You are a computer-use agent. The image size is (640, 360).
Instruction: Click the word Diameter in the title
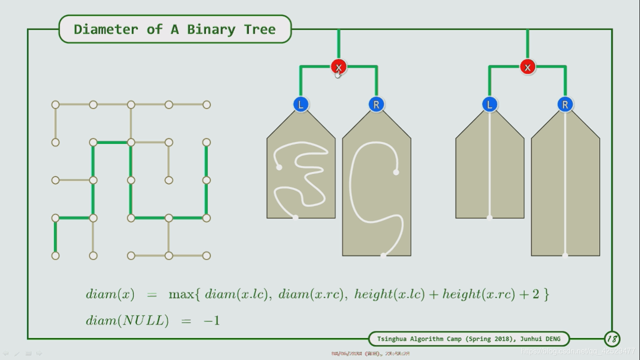[106, 29]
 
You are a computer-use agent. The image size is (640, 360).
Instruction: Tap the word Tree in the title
[260, 29]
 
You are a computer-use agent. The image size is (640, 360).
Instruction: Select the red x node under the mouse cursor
[338, 67]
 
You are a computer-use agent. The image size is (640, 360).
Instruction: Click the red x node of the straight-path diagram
[528, 67]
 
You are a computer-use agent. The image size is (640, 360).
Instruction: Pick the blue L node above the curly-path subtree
[301, 105]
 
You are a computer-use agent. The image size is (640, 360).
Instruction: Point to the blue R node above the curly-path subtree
[376, 105]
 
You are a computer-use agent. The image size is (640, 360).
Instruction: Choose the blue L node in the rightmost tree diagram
[490, 105]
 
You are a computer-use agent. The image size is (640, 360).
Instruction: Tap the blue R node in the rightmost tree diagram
[565, 105]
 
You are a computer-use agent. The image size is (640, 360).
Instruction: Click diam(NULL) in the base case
[127, 321]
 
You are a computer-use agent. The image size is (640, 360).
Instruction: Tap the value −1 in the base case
[211, 321]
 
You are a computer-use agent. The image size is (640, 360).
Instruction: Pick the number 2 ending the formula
[536, 294]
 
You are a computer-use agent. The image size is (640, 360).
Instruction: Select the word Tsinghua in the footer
[392, 338]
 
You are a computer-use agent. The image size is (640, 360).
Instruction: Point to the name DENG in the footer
[552, 338]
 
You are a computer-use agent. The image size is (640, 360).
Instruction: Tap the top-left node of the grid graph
[55, 105]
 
